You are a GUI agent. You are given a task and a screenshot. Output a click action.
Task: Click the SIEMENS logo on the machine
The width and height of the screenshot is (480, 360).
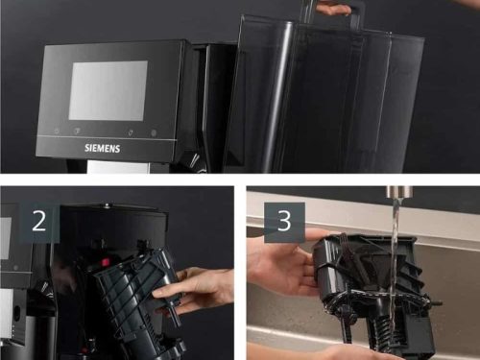(x=103, y=148)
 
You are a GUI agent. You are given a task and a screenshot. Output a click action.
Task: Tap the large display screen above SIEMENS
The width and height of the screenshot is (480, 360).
(x=108, y=91)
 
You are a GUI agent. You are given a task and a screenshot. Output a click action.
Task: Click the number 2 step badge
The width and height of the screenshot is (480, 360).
(x=39, y=223)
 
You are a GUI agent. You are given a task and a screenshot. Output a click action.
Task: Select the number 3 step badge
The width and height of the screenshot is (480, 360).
(x=284, y=222)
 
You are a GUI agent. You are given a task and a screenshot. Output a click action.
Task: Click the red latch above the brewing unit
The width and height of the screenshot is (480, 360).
(x=105, y=262)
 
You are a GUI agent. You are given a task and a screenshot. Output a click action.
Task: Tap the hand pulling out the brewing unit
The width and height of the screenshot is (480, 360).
(x=194, y=291)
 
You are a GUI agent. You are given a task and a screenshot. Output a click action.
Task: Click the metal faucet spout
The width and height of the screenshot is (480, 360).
(x=399, y=192)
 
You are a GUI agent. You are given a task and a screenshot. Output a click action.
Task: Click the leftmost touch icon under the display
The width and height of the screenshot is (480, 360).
(x=57, y=131)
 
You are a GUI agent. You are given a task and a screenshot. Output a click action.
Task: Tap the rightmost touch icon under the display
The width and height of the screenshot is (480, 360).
(x=154, y=132)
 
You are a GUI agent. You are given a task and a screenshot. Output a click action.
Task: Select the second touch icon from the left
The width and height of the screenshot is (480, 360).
(x=78, y=132)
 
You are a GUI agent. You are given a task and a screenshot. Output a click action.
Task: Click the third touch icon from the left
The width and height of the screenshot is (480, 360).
(x=131, y=132)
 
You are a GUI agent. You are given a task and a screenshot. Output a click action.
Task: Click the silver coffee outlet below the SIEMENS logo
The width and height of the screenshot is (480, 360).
(x=118, y=167)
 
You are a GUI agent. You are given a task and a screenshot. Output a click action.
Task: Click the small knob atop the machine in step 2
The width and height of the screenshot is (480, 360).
(x=107, y=205)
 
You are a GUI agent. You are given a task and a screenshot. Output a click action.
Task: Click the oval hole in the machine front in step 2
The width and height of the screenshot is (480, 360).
(x=16, y=311)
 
